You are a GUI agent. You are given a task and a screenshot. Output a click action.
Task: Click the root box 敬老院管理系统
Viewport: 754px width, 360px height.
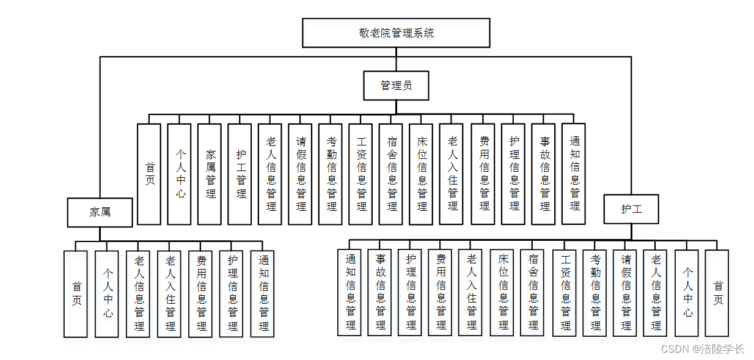(x=396, y=33)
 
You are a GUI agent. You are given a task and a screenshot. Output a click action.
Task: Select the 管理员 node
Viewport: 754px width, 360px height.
(x=396, y=86)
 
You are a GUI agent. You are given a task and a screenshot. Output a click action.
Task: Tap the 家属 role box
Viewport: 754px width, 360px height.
(x=100, y=212)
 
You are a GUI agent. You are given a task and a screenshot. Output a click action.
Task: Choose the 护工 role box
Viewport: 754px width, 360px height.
(x=631, y=209)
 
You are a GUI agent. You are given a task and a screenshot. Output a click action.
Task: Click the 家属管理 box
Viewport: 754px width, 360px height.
(x=210, y=174)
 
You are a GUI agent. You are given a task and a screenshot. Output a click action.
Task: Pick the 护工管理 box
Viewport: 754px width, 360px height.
(x=240, y=174)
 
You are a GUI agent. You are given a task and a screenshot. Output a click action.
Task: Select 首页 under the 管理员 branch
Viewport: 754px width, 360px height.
(x=149, y=174)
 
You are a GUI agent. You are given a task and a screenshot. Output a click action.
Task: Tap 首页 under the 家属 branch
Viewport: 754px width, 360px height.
(x=76, y=293)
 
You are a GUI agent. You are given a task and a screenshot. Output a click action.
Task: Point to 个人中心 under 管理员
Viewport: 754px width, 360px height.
(x=180, y=174)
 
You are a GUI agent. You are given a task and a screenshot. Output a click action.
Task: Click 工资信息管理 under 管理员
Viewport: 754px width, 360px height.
(x=361, y=174)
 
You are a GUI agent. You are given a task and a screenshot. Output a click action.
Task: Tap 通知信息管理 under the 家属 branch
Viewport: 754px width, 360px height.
(x=263, y=293)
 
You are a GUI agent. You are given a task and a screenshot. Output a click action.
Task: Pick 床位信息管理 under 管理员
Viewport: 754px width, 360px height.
(x=422, y=174)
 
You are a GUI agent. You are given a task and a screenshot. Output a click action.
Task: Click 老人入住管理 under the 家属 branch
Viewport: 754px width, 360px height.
(x=169, y=293)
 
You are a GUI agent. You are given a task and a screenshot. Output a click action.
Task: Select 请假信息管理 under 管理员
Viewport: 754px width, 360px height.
(x=301, y=174)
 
